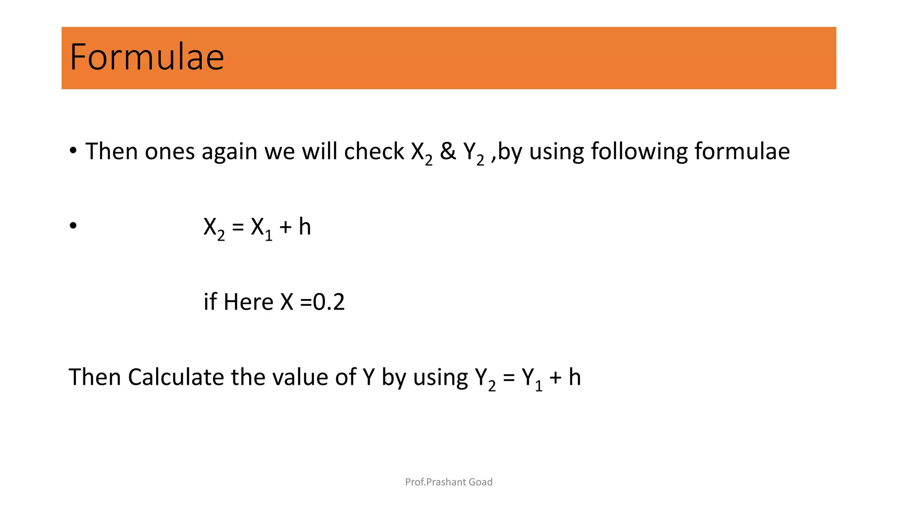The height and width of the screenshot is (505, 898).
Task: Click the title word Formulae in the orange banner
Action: [x=147, y=57]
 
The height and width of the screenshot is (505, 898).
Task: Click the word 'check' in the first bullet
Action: [x=374, y=151]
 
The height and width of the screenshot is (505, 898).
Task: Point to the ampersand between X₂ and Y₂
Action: [x=448, y=151]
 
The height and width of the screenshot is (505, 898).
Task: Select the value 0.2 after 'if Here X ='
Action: [x=329, y=302]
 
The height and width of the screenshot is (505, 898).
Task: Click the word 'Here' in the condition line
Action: [x=248, y=302]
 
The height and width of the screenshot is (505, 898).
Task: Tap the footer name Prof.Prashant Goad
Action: [x=449, y=482]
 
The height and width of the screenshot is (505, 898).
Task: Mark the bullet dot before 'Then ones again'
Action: [x=73, y=151]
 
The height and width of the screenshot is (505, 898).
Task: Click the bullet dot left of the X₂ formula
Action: [x=73, y=226]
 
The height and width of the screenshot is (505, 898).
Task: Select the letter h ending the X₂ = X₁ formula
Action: [x=305, y=227]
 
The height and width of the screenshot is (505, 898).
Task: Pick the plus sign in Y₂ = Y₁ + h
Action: [x=556, y=378]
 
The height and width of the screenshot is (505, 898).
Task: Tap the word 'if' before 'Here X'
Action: [x=210, y=302]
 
